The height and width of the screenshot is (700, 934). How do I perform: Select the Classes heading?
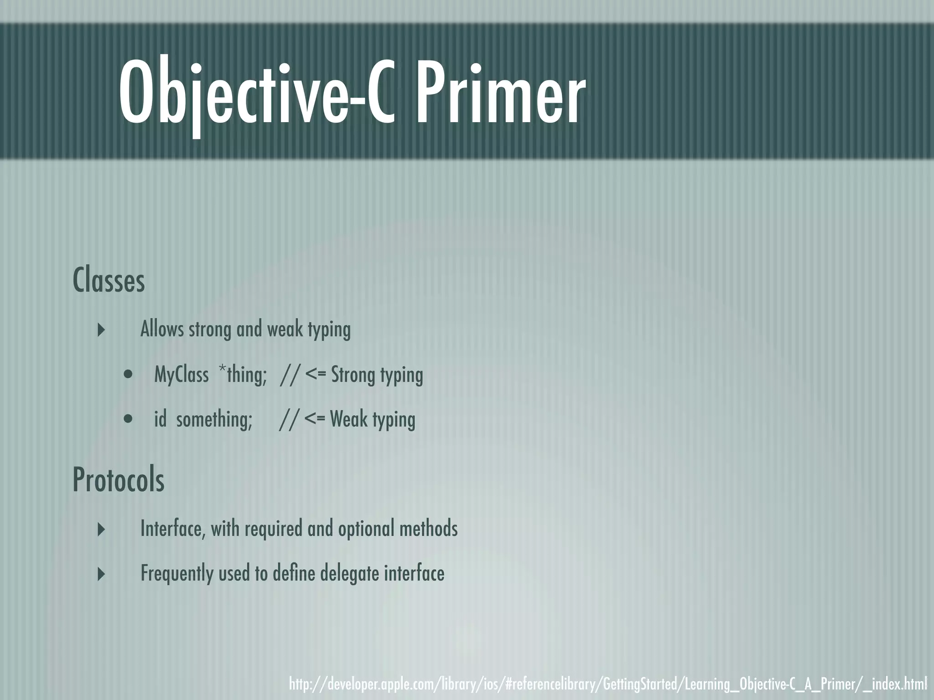point(109,281)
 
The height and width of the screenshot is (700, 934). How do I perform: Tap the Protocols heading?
point(119,480)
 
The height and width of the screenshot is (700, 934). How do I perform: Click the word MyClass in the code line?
point(182,375)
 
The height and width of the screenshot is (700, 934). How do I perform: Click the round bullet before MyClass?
point(129,375)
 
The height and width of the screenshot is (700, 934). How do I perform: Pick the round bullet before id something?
point(129,419)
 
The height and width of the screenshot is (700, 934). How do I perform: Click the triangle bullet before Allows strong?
point(102,329)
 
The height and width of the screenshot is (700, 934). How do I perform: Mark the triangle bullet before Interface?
point(102,529)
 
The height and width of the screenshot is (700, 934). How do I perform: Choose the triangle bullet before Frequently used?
point(102,574)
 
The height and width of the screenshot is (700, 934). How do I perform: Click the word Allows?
point(162,329)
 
